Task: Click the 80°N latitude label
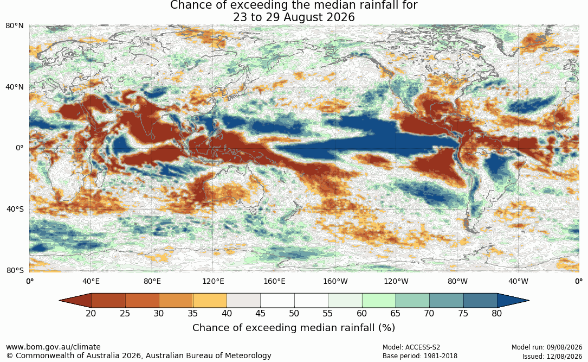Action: [x=14, y=26]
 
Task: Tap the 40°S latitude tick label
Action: [x=15, y=209]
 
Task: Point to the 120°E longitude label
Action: [x=213, y=281]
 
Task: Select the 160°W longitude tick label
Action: [x=335, y=281]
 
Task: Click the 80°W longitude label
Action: [x=457, y=281]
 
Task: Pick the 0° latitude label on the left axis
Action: [x=20, y=148]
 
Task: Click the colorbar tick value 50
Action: [x=294, y=313]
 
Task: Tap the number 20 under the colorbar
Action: [x=91, y=313]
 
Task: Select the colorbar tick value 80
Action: [x=497, y=313]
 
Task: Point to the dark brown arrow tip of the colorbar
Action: [x=60, y=301]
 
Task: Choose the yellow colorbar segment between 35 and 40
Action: [x=210, y=301]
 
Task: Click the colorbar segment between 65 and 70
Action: [x=412, y=301]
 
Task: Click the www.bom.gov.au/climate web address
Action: [x=53, y=347]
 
